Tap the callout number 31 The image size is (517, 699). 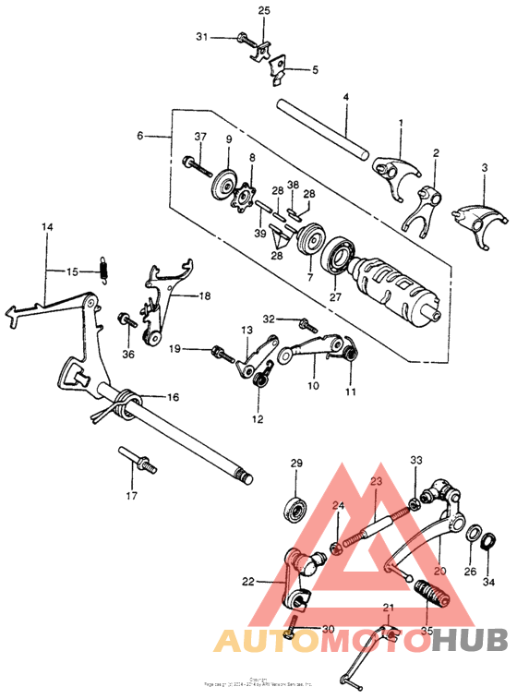click(x=202, y=37)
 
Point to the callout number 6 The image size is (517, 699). click(x=140, y=136)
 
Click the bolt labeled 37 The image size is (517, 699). click(x=194, y=164)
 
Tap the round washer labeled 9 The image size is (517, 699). click(x=222, y=180)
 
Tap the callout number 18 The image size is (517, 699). click(x=203, y=296)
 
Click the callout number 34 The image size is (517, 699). click(x=490, y=583)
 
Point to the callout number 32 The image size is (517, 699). click(x=269, y=319)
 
